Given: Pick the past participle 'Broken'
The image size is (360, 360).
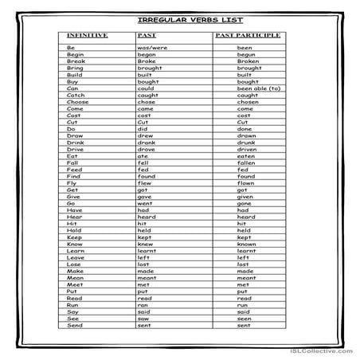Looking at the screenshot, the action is coord(248,61).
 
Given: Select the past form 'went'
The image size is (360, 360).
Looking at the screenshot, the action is coord(145,203).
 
